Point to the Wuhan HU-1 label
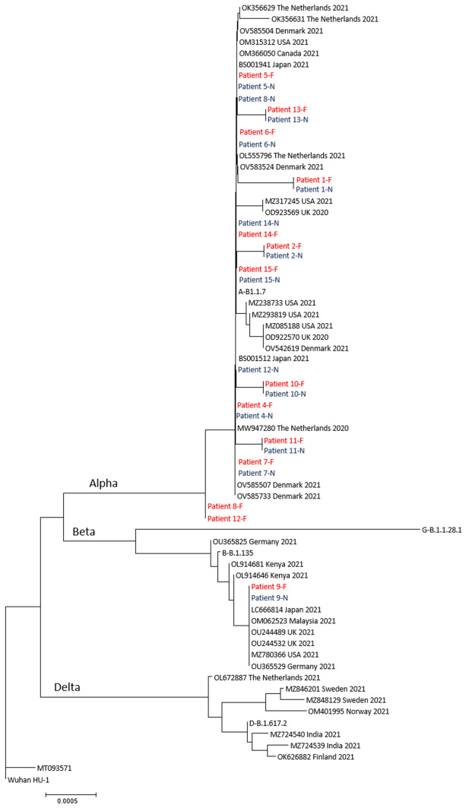(29, 780)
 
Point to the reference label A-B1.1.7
(252, 291)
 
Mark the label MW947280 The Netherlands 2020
(282, 429)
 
